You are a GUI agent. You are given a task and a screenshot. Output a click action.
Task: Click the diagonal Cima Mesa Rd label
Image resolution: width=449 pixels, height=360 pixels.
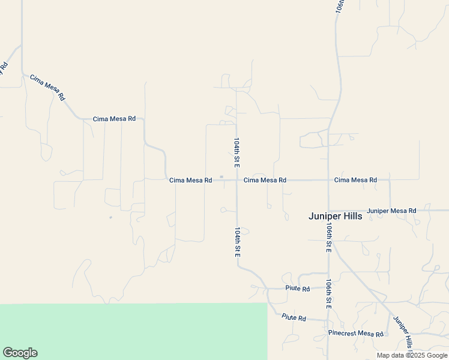point(47,87)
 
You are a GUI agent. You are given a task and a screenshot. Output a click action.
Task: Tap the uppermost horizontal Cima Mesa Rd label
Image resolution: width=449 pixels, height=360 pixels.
point(114,119)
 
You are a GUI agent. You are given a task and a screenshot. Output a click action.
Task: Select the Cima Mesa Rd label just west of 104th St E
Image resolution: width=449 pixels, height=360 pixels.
point(190,180)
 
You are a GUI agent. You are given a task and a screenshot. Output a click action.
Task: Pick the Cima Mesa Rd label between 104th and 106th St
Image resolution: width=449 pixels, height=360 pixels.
point(265,180)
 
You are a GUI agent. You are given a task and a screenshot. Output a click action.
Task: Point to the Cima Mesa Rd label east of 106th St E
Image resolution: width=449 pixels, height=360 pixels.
point(355,180)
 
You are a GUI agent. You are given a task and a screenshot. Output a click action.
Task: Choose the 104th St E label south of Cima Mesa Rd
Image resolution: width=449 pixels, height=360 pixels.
point(238,242)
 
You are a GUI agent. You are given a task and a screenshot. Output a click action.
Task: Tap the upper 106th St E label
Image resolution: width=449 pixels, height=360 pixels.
point(329,238)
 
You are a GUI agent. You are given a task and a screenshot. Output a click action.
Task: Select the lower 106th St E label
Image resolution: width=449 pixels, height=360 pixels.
point(328,293)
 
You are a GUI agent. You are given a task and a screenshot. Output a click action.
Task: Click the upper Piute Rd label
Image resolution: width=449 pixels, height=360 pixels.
point(298,289)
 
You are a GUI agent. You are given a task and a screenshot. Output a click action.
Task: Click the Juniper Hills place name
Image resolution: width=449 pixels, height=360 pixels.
point(335,216)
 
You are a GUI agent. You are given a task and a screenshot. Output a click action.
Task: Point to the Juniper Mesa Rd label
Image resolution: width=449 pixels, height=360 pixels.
point(391,211)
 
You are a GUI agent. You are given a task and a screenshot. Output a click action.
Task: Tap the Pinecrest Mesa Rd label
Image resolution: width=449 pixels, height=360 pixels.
point(355,334)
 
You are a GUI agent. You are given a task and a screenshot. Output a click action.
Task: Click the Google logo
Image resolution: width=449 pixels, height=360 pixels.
point(20,353)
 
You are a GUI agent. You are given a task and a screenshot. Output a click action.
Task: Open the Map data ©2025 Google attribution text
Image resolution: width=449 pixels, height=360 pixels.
point(412,355)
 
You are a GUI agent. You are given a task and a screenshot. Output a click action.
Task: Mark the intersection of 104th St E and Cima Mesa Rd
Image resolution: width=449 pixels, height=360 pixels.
point(237,180)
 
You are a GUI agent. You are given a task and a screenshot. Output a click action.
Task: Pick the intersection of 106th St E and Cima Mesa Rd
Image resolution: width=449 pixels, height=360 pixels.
point(328,180)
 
